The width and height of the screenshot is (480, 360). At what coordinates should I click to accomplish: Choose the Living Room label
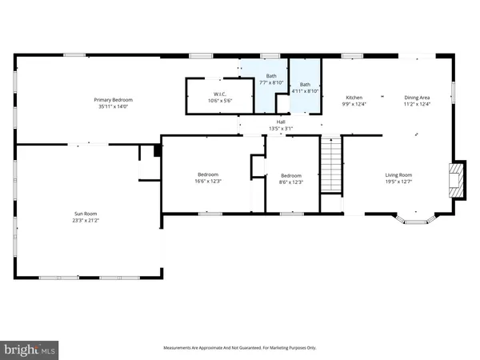coord(398,174)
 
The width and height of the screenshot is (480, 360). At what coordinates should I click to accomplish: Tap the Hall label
coord(282,122)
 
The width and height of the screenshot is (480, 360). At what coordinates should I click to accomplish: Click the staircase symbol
coord(330,164)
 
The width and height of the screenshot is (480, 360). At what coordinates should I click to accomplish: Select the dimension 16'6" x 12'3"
coord(208,182)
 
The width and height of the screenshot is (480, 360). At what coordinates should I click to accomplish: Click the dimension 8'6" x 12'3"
coord(290,182)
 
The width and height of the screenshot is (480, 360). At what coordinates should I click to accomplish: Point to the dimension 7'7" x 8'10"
coord(271,82)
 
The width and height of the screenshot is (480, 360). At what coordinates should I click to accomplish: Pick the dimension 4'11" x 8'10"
coord(305,90)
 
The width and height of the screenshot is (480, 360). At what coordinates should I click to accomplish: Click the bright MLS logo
coord(30,349)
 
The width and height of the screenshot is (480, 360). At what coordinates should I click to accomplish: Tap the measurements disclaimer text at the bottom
coord(239,348)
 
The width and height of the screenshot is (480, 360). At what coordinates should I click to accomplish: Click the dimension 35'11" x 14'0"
coord(112,106)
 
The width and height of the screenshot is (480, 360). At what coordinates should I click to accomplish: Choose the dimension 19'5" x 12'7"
coord(398,181)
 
